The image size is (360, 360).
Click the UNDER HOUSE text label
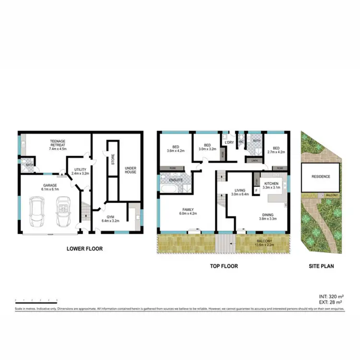coord(131,170)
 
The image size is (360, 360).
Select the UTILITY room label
coord(80,170)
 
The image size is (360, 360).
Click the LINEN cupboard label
coord(254,161)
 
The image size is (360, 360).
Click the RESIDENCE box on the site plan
coord(321,176)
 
